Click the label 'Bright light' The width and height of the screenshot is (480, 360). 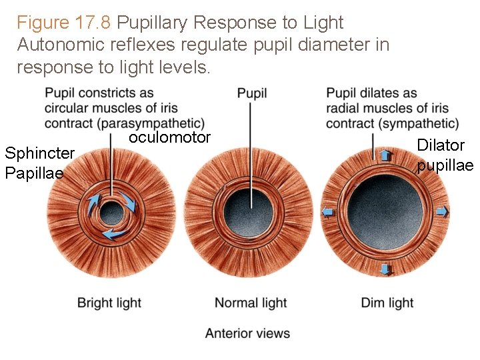click(x=109, y=303)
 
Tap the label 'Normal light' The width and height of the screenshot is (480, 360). click(x=251, y=303)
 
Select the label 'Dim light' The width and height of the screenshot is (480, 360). click(x=387, y=303)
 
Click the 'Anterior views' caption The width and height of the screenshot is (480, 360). click(x=247, y=333)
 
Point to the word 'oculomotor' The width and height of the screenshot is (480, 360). click(x=169, y=138)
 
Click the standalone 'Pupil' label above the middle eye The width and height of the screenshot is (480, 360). click(x=252, y=93)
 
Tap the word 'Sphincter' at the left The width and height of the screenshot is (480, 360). click(x=39, y=153)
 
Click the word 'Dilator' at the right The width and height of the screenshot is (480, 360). click(x=441, y=145)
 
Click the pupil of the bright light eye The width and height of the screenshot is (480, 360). click(x=111, y=214)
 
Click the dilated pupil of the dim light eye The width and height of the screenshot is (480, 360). click(x=385, y=212)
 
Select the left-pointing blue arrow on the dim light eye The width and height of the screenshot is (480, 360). click(x=328, y=212)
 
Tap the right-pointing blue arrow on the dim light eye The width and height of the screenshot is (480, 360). click(x=443, y=212)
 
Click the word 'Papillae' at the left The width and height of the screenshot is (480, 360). click(x=34, y=173)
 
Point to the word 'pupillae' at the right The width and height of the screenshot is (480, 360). click(x=445, y=165)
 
